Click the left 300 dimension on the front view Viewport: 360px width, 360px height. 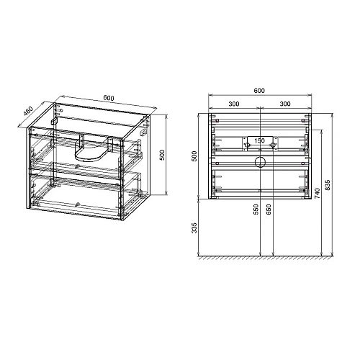(234, 104)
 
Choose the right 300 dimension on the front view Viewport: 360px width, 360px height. (284, 104)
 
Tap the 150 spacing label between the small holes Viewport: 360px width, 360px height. (259, 140)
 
